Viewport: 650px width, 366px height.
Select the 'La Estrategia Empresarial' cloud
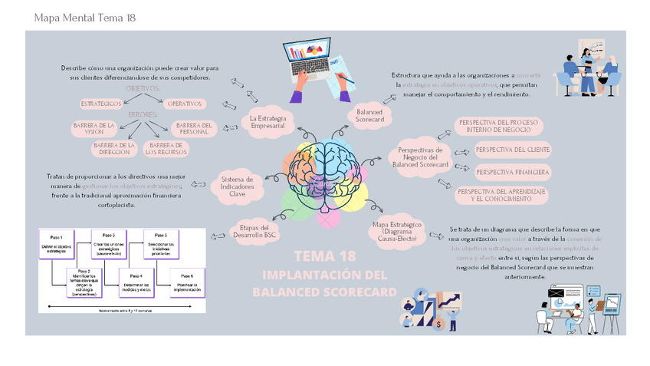coord(268,122)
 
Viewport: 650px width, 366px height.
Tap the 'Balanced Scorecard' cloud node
coord(369,116)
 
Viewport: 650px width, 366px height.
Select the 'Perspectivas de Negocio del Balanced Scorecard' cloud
coord(419,157)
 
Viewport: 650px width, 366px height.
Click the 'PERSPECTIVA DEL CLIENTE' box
coord(513,149)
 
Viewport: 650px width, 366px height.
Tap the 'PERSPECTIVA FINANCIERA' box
coord(513,172)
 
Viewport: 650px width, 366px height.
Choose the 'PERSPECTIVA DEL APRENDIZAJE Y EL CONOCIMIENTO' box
coord(502,195)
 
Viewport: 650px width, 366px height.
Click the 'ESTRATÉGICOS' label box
coord(101,103)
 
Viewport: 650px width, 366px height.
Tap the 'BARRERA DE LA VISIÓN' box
coord(94,127)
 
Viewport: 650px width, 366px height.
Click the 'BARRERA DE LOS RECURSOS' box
coord(165,147)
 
